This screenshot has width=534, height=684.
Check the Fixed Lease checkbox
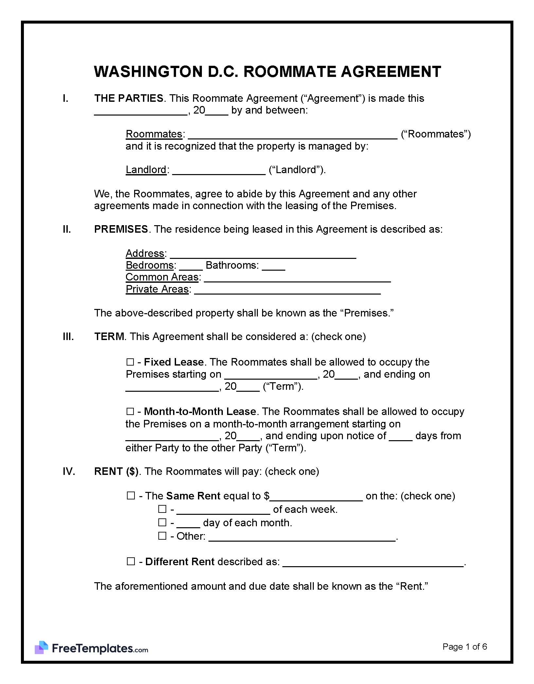pyautogui.click(x=130, y=362)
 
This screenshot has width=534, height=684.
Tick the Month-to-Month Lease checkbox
pyautogui.click(x=130, y=411)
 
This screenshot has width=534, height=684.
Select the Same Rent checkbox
pyautogui.click(x=131, y=496)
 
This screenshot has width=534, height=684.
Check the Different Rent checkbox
pyautogui.click(x=131, y=562)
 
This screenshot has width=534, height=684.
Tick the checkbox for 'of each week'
pyautogui.click(x=162, y=509)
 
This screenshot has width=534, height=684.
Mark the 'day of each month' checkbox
pyautogui.click(x=162, y=523)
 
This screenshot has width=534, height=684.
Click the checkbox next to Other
pyautogui.click(x=162, y=536)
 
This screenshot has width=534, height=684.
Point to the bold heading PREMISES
pyautogui.click(x=121, y=229)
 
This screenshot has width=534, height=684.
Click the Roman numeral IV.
pyautogui.click(x=69, y=471)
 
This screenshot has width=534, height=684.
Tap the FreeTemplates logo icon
pyautogui.click(x=42, y=647)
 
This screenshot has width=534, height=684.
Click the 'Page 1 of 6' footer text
pyautogui.click(x=465, y=646)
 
